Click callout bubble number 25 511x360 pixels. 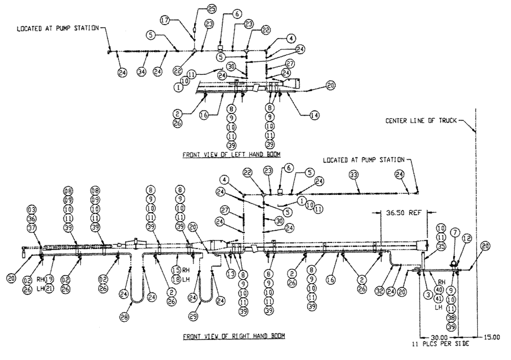pos(212,8)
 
